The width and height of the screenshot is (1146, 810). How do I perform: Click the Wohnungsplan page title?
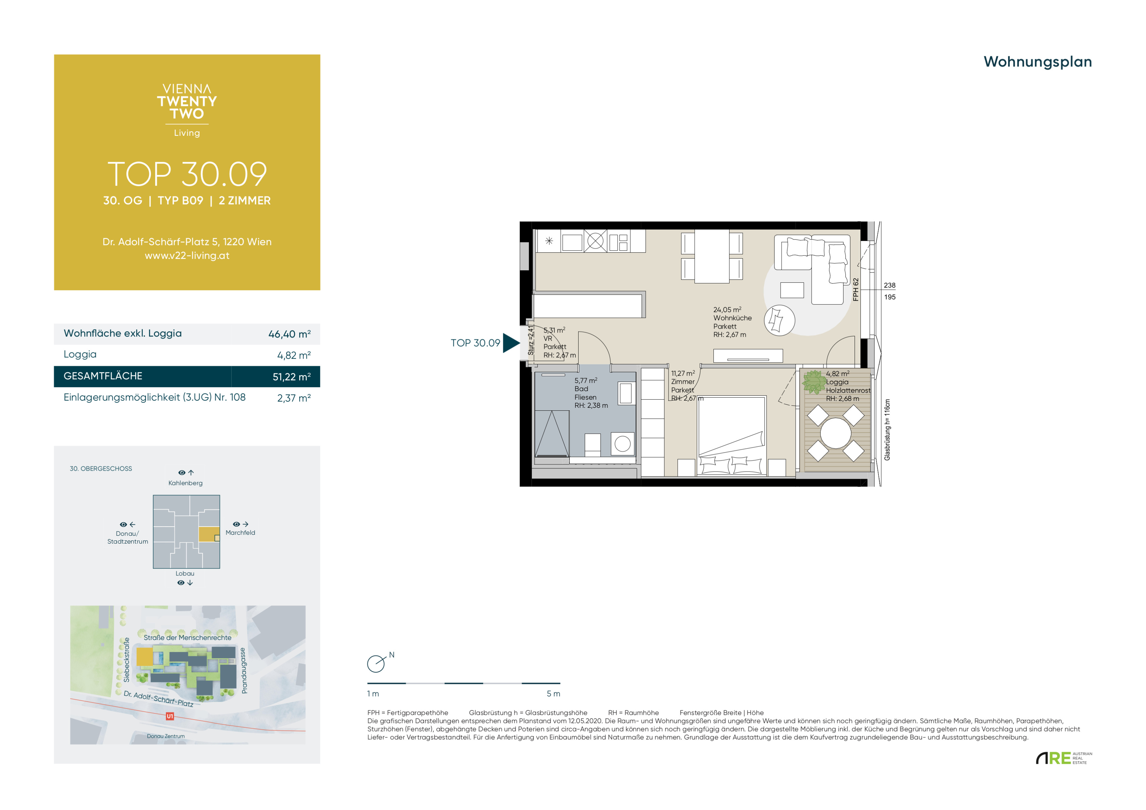pos(1037,62)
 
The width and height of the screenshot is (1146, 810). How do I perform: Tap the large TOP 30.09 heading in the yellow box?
pos(187,174)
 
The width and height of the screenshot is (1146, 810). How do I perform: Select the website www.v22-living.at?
pos(187,255)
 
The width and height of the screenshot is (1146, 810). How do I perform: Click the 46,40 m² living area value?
pos(289,334)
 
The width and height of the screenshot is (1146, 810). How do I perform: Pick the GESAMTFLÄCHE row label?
pos(103,376)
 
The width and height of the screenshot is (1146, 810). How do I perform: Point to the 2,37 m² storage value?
pos(294,398)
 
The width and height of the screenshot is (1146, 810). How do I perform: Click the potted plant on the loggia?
pos(814,382)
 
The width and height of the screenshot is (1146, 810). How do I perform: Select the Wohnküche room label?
pos(732,318)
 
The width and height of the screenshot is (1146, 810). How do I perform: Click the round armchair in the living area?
pos(779,320)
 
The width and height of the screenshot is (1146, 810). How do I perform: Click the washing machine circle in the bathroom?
pos(622,444)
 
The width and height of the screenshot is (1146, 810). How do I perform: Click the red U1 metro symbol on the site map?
pos(170,716)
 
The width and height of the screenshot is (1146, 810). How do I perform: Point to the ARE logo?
pos(1063,758)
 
